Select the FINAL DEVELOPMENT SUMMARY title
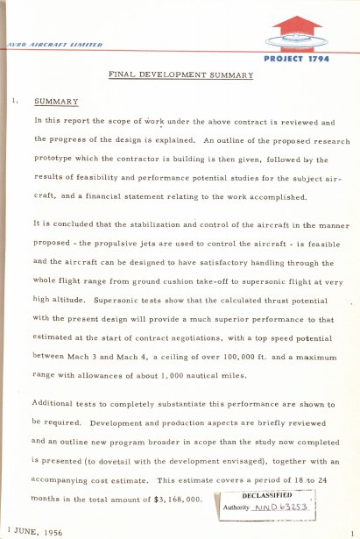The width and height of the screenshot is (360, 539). pos(180,75)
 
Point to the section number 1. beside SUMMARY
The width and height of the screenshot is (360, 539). pos(16,102)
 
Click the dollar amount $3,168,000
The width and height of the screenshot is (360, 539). pos(176,499)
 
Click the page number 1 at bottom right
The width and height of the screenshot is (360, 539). pos(349,533)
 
